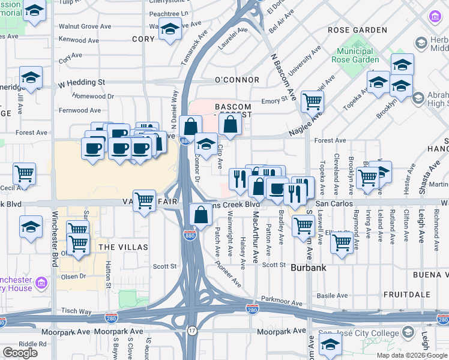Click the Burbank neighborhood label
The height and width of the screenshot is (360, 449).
point(308,268)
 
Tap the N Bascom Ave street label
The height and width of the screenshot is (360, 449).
point(284,78)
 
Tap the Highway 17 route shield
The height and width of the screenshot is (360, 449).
point(191,331)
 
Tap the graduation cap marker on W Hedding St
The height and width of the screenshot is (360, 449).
point(31,77)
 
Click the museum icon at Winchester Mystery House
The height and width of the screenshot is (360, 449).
point(41,283)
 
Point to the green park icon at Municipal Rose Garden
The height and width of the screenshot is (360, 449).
point(359,45)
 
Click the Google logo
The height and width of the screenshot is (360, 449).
point(20,353)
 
